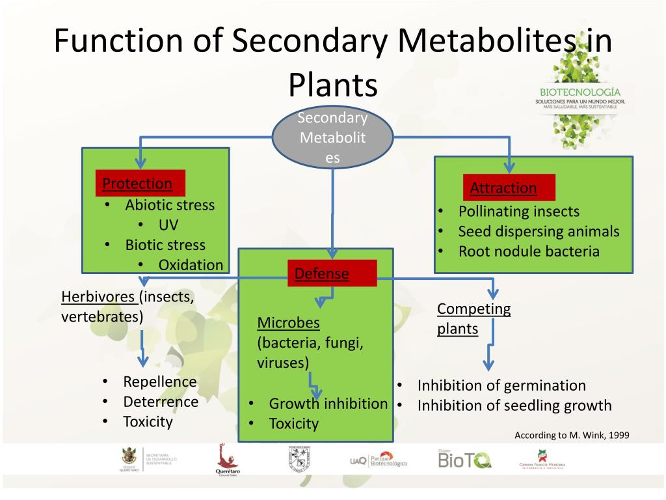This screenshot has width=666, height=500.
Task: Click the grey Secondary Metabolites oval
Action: tap(332, 138)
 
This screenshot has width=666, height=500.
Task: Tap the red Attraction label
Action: tap(503, 188)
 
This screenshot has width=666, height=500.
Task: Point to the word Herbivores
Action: tap(98, 297)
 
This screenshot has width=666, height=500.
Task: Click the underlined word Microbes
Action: tap(288, 323)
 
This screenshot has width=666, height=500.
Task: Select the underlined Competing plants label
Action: tap(473, 318)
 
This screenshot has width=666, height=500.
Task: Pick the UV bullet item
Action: tap(168, 225)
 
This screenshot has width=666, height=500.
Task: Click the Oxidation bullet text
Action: tap(191, 265)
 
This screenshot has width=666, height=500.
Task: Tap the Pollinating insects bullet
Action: tap(518, 211)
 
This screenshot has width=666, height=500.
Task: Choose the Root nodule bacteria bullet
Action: tap(529, 251)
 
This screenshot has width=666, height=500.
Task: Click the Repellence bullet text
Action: tap(159, 382)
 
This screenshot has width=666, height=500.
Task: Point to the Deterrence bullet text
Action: tap(161, 402)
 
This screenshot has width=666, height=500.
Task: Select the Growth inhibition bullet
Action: tap(328, 404)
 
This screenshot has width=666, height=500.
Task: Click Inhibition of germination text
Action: tap(501, 385)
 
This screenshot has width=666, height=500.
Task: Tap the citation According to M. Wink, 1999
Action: tap(572, 435)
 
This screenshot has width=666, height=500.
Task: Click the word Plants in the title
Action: tap(332, 84)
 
